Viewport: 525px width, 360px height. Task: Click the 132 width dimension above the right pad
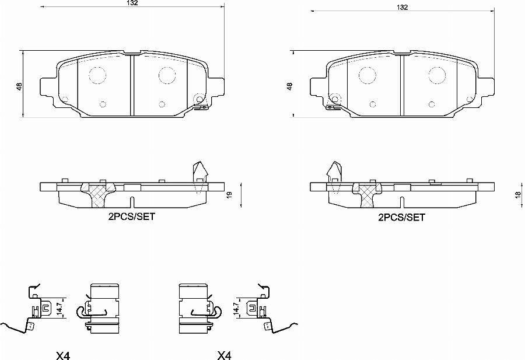click(x=402, y=8)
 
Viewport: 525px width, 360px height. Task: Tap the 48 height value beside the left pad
click(x=20, y=86)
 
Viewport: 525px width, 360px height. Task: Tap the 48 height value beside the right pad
click(x=289, y=86)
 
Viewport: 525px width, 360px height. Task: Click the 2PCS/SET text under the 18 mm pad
click(x=402, y=217)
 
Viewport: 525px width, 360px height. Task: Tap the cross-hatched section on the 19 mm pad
click(x=98, y=192)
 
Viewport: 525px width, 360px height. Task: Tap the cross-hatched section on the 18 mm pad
click(x=367, y=192)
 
